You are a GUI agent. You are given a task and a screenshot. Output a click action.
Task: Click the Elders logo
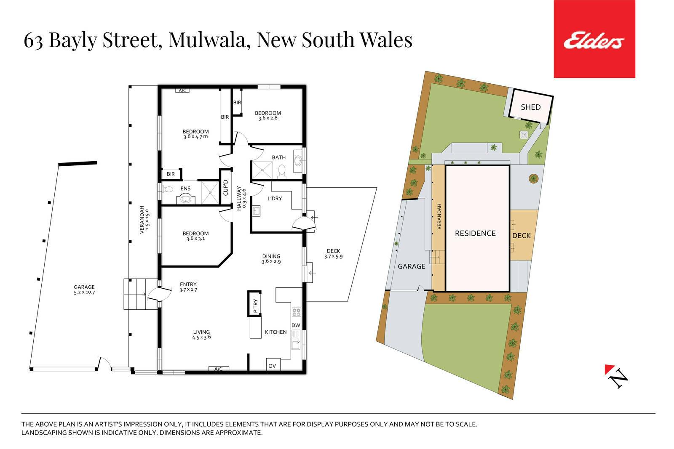[594, 39]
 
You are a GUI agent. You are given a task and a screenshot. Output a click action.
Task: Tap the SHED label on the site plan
[531, 107]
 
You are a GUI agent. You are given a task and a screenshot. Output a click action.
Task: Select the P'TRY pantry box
[254, 303]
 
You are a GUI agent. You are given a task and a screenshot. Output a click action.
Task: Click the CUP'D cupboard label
[226, 187]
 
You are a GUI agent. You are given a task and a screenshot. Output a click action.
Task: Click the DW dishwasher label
[296, 325]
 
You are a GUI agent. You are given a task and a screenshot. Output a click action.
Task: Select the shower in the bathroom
[262, 170]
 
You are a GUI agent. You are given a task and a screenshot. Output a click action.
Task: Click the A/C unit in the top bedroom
[182, 90]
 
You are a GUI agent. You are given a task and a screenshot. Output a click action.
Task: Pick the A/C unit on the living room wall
[219, 369]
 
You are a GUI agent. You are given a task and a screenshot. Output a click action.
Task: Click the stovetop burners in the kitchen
[297, 312]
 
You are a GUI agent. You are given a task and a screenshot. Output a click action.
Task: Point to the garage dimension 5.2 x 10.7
[85, 292]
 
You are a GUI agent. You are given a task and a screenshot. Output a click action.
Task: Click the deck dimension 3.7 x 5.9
[333, 256]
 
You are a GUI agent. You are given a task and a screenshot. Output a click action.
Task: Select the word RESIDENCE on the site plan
[475, 234]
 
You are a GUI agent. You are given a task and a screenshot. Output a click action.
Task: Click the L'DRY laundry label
[274, 198]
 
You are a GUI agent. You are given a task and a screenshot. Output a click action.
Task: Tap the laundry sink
[256, 211]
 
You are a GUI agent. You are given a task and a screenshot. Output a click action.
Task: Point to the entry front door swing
[160, 294]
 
